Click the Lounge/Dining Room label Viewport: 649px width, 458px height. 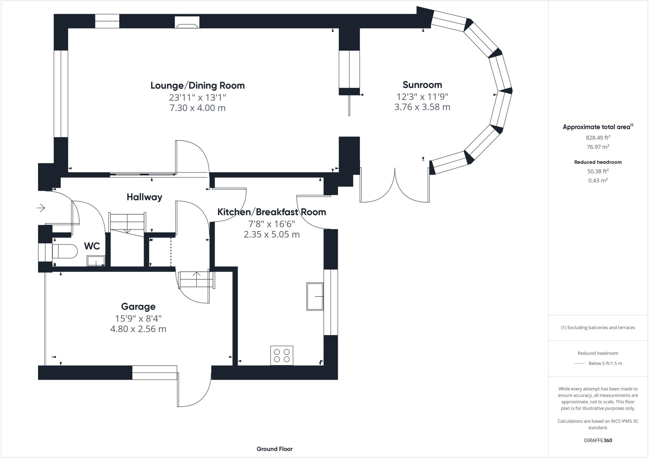(197, 86)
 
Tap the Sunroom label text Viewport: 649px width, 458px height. (422, 85)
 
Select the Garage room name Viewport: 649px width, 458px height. (138, 307)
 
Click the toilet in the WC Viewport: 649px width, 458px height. (65, 251)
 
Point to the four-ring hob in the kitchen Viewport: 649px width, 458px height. (282, 355)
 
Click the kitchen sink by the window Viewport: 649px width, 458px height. (315, 296)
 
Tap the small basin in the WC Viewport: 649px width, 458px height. (96, 261)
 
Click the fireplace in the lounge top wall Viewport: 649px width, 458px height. (187, 23)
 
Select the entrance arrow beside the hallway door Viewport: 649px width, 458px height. (41, 208)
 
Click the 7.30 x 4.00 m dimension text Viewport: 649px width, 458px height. (197, 108)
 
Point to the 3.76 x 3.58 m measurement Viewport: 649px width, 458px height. (422, 107)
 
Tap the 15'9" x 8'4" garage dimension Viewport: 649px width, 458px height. (138, 318)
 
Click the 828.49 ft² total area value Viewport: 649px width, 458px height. (598, 138)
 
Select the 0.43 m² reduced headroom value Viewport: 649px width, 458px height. (598, 181)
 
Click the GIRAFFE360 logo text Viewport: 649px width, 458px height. (598, 440)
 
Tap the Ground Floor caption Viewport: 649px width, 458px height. (274, 449)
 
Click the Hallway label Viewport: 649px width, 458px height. (145, 197)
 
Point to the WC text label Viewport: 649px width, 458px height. (92, 246)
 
